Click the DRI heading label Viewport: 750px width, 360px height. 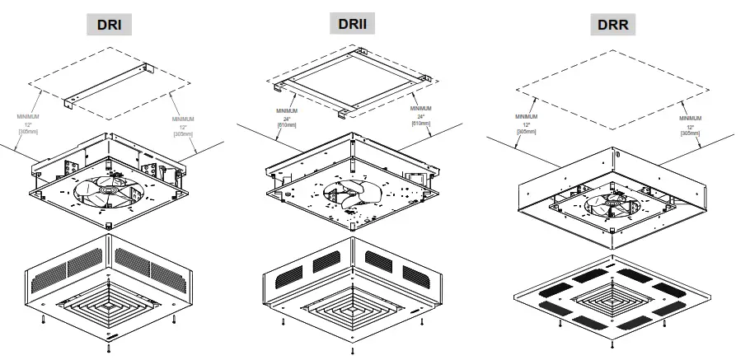tap(110, 25)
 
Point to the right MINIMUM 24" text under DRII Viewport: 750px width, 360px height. tap(420, 115)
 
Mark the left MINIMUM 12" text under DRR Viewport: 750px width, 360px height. tap(524, 124)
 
